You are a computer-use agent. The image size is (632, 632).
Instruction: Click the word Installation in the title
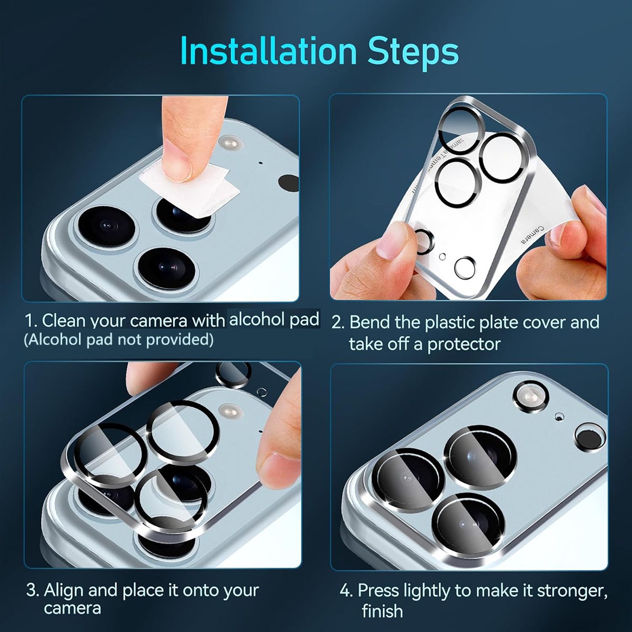(268, 51)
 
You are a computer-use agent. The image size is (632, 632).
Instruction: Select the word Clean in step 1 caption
(64, 320)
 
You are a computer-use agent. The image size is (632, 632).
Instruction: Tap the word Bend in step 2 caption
(370, 322)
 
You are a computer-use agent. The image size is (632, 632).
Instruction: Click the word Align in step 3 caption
(63, 591)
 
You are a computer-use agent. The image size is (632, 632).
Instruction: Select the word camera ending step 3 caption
(72, 609)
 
